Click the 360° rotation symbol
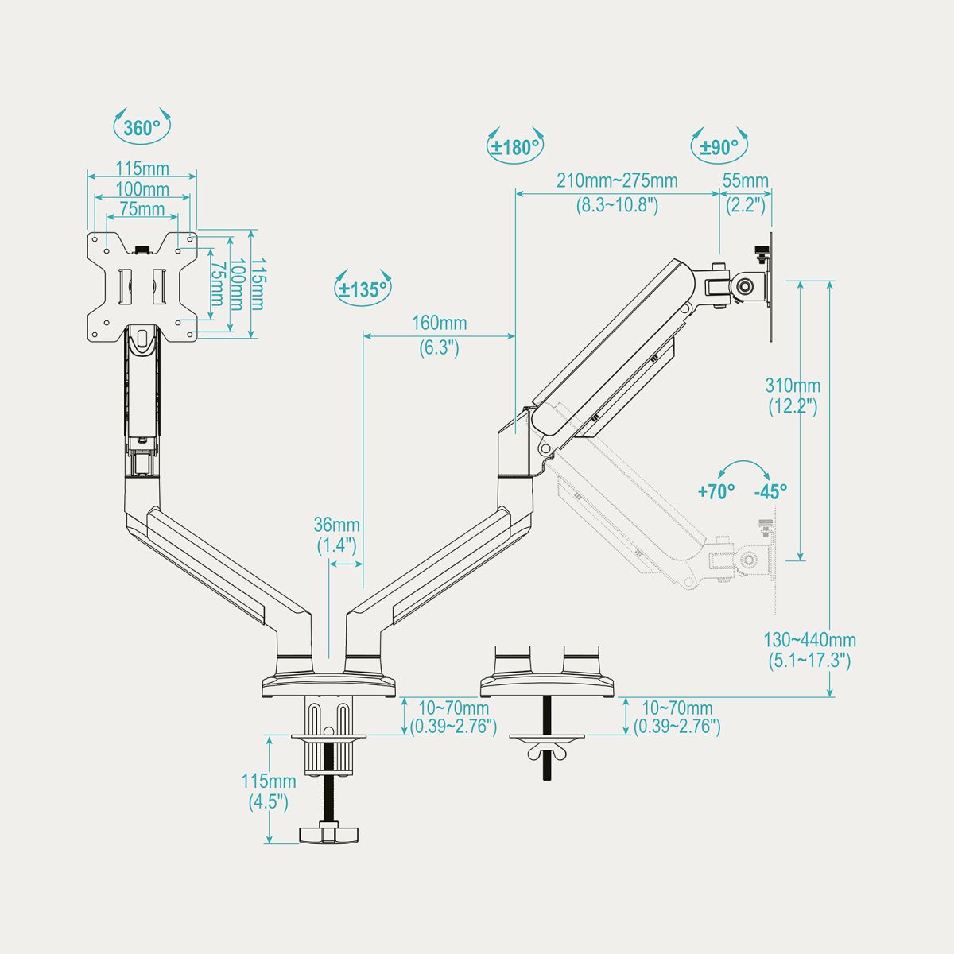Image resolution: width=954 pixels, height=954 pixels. [142, 126]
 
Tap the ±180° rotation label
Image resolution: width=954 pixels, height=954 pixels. [515, 146]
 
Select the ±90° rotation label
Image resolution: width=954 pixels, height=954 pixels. [719, 146]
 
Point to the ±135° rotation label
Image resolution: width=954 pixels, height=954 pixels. [363, 289]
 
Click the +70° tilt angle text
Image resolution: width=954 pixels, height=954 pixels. [716, 491]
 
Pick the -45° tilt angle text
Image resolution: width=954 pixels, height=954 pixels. [771, 491]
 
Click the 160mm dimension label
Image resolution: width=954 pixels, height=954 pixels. [440, 324]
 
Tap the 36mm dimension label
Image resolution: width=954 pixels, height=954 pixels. [336, 525]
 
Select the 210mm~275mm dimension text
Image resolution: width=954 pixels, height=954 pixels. [617, 180]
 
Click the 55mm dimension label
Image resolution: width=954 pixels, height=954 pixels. [746, 180]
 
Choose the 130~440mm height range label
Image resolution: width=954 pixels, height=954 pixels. [810, 640]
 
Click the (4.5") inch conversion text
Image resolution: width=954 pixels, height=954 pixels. [269, 801]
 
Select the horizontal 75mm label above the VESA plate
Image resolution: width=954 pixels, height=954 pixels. [142, 209]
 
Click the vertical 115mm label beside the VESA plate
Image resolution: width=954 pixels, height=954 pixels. [258, 284]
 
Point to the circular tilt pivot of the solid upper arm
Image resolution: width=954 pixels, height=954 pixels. [744, 285]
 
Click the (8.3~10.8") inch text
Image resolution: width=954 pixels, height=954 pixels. [617, 204]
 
